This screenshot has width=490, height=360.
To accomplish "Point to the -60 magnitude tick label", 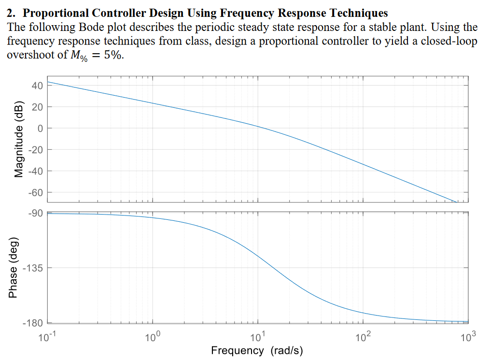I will click(36, 192).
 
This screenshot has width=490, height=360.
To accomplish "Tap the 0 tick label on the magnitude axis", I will click(41, 128).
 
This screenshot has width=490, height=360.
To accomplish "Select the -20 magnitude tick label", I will click(36, 150).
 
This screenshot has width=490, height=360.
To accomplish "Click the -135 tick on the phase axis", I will click(34, 268).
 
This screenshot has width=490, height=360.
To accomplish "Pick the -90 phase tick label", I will click(36, 213).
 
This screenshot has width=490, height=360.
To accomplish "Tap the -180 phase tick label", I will click(34, 323).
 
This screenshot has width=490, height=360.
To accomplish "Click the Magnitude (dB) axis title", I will click(18, 139).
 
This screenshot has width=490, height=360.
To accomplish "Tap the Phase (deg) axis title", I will click(14, 268).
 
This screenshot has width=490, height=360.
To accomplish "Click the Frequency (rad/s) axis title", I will click(257, 350).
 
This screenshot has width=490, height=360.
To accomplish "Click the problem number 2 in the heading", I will click(12, 13).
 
